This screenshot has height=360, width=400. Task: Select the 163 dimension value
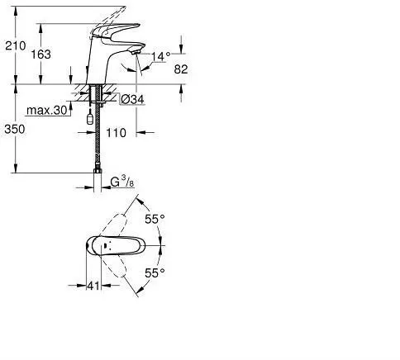pyautogui.click(x=51, y=54)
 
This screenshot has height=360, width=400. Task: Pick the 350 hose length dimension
pyautogui.click(x=15, y=129)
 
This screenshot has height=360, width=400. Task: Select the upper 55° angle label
pyautogui.click(x=155, y=220)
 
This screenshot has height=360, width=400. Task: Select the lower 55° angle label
pyautogui.click(x=155, y=272)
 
